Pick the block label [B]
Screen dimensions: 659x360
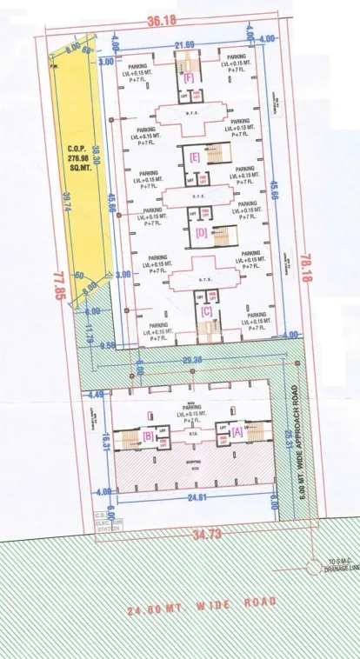(148, 436)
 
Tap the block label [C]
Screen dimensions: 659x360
(206, 310)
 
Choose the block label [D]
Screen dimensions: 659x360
(202, 233)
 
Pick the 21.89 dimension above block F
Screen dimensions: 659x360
(183, 45)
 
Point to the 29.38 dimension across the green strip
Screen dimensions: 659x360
(192, 360)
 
